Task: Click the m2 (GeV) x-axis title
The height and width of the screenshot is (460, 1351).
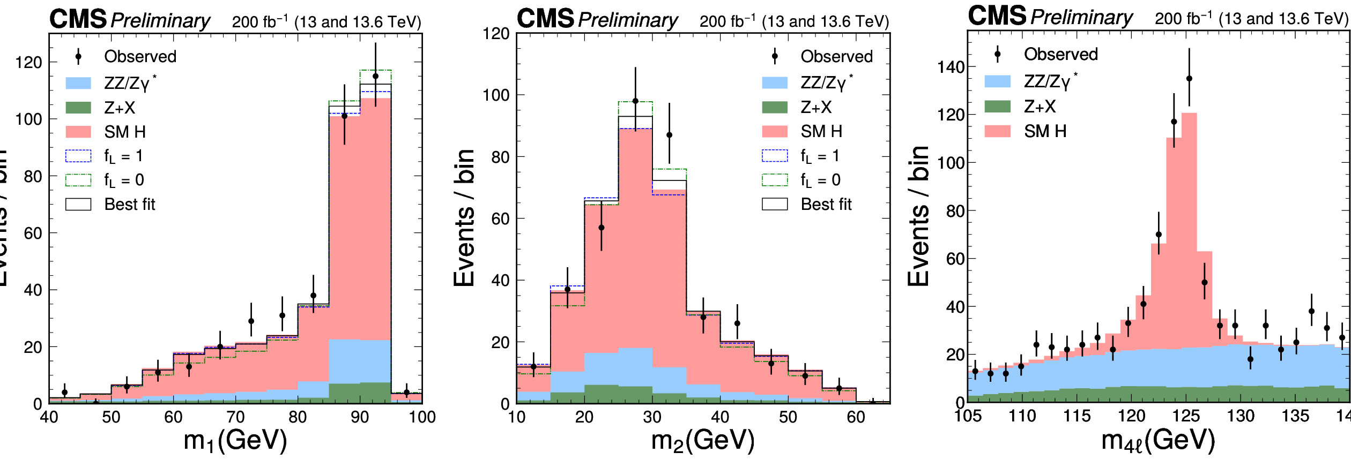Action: (x=702, y=441)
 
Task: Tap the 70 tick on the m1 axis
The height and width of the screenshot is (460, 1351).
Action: (x=235, y=417)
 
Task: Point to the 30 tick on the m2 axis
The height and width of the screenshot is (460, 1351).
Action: (x=652, y=417)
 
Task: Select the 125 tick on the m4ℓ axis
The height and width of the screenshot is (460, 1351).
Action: (x=1186, y=416)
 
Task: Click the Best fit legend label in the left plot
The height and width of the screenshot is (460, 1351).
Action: (x=130, y=205)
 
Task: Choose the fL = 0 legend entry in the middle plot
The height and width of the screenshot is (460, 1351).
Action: (x=820, y=180)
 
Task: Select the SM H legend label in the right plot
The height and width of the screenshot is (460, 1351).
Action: (x=1045, y=131)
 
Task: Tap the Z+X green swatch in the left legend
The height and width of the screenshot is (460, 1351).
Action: (x=78, y=108)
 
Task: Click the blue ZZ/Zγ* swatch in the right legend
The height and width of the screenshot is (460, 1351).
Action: (x=997, y=81)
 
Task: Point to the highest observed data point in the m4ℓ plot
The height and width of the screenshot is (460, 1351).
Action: (x=1189, y=78)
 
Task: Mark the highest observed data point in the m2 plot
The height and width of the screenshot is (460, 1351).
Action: (x=635, y=101)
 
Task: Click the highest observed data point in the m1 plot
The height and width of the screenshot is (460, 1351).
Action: (x=375, y=76)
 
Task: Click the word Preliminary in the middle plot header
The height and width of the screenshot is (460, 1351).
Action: (x=628, y=20)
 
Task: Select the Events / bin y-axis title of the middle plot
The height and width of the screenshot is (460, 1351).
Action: (x=464, y=217)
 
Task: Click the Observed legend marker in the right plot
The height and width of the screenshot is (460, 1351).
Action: (x=997, y=54)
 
